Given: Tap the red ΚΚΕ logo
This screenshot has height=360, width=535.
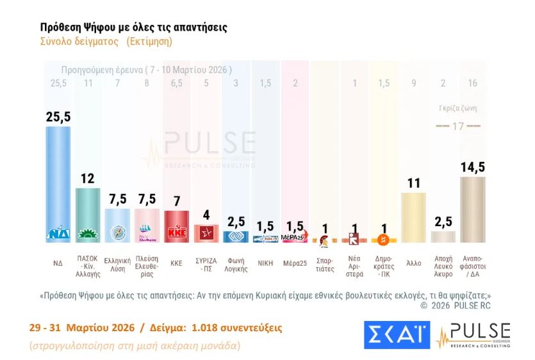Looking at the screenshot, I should point(176,232).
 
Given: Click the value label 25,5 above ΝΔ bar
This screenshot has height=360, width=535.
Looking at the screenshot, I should point(58,116).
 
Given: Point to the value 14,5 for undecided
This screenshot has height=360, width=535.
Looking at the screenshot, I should point(472,167).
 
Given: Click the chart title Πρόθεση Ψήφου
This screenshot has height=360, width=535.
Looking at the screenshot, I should point(133,28).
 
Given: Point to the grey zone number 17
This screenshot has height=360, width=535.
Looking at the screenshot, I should point(457,126).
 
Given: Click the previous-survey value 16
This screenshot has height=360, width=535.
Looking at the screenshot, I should point(473,83).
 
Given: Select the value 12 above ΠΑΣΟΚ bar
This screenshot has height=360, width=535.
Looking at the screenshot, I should point(88,177).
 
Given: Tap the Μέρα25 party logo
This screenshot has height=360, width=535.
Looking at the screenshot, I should point(294,237).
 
